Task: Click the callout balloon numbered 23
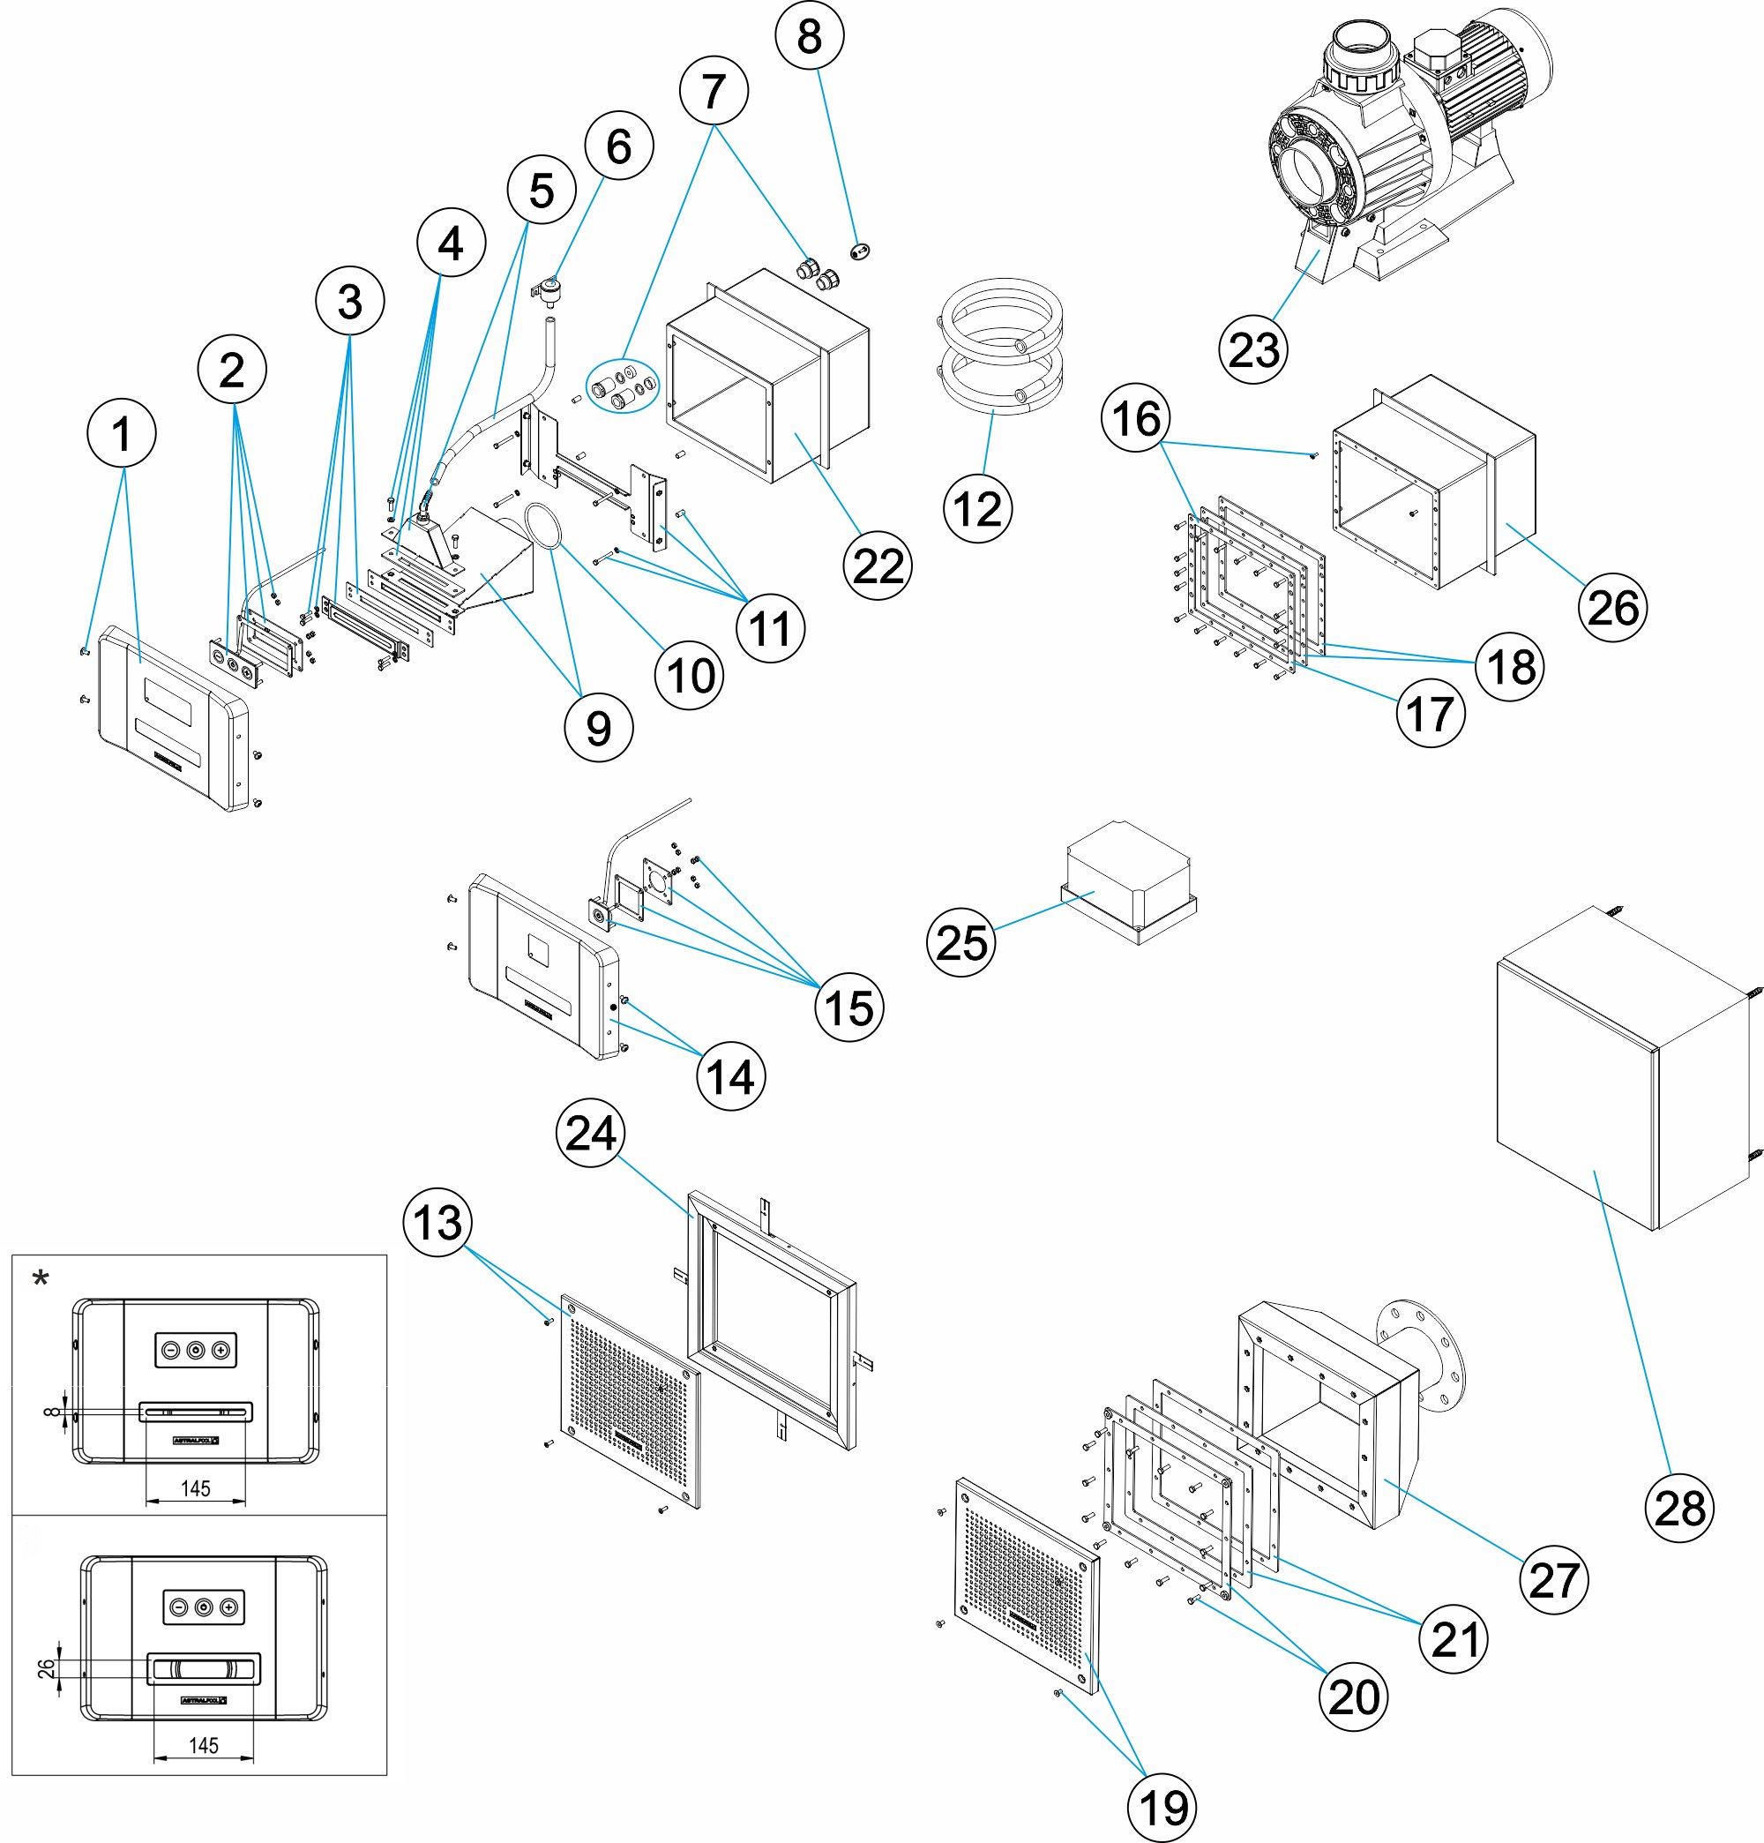point(1253,349)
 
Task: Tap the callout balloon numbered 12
point(978,509)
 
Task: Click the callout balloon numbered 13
point(437,1223)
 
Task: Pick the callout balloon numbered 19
point(1162,1806)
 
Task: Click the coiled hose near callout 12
point(1001,348)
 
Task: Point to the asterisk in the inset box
point(41,1277)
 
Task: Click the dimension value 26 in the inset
point(46,1668)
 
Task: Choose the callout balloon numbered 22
point(878,566)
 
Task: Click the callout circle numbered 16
point(1136,417)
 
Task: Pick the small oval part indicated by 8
point(858,251)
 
